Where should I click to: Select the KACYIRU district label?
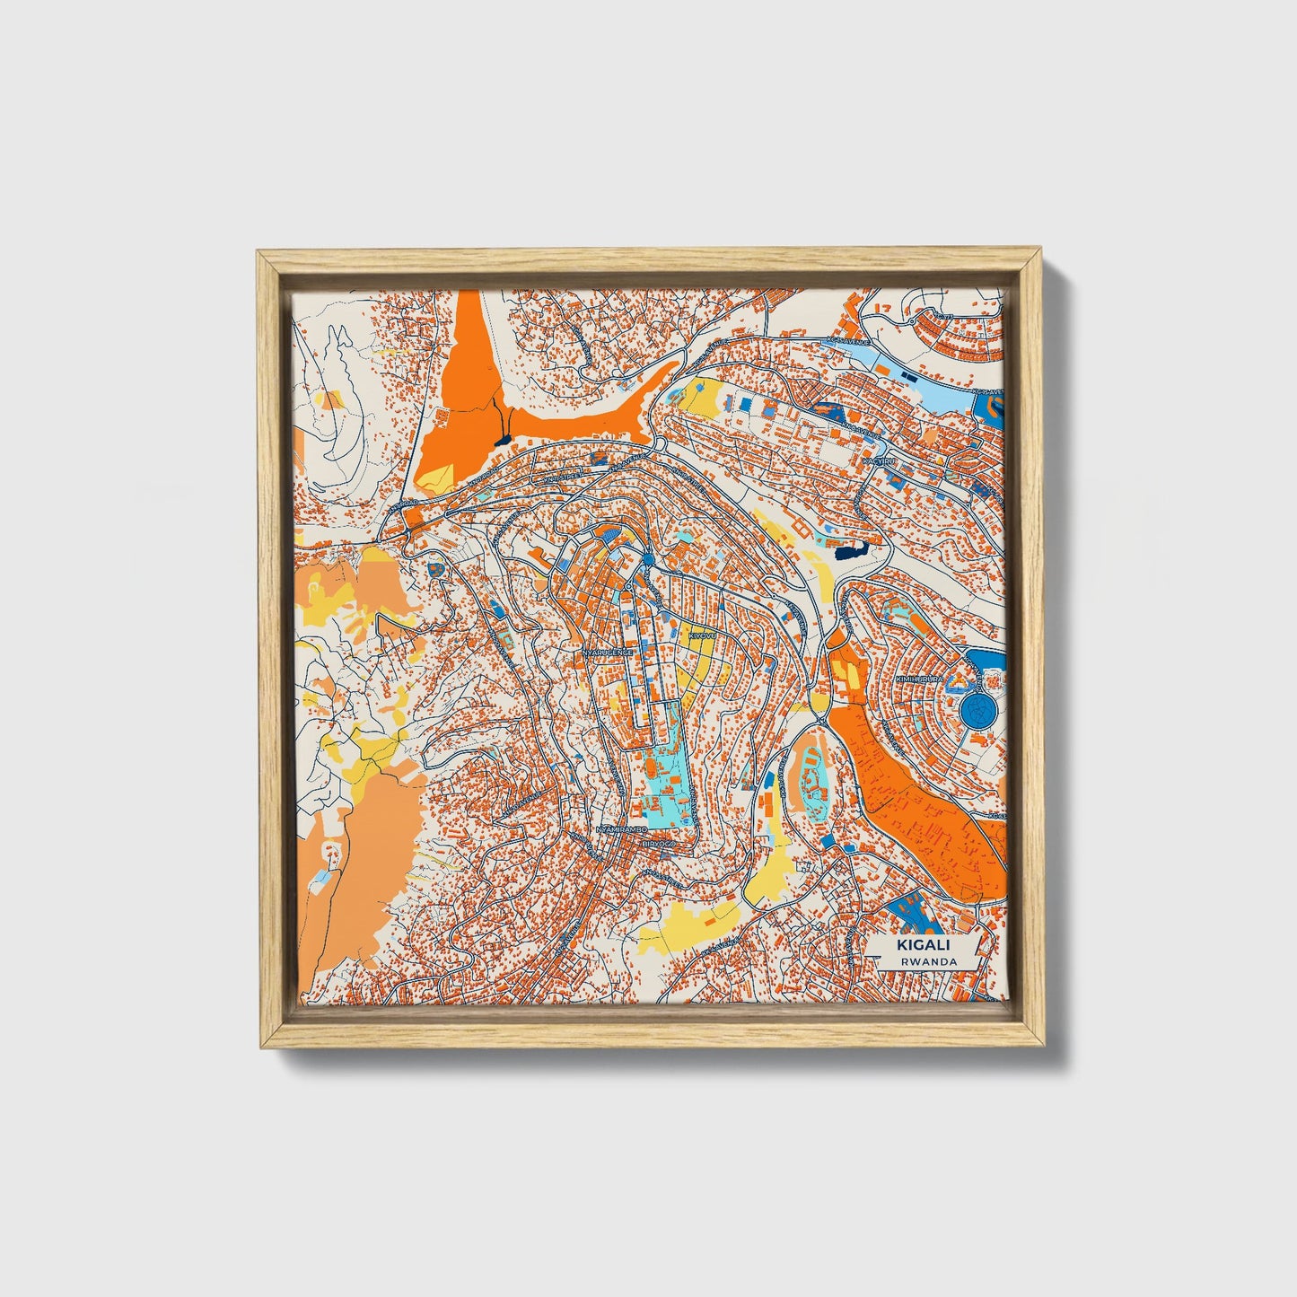(x=879, y=460)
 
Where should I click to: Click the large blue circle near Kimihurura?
(x=978, y=710)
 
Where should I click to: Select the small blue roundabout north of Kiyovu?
(x=649, y=561)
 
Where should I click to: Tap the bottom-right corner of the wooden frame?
(x=1045, y=1046)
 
